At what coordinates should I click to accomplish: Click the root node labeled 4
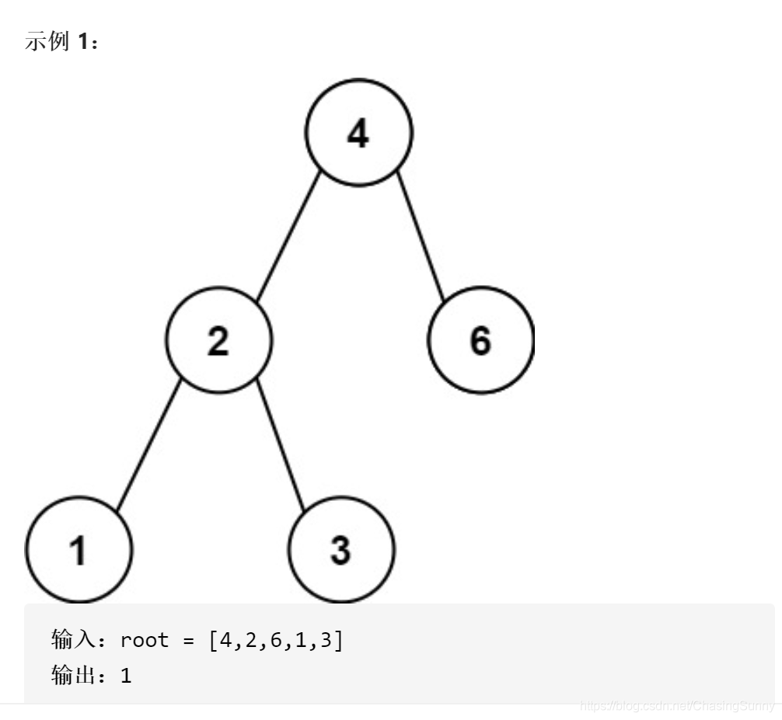tap(358, 133)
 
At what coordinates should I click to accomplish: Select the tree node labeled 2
tap(218, 340)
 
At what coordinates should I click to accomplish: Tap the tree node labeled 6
tap(480, 340)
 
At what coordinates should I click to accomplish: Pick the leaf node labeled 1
tap(79, 550)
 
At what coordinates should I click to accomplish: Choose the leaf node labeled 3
tap(341, 550)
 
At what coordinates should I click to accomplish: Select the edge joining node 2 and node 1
tap(148, 445)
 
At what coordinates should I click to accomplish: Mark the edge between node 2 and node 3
tap(280, 444)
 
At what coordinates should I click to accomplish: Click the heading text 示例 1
tap(61, 41)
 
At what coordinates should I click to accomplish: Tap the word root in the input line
tap(145, 641)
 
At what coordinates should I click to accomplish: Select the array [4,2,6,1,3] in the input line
tap(275, 641)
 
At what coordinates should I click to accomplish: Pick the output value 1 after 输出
tap(126, 676)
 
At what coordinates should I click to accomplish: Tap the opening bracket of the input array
tap(213, 641)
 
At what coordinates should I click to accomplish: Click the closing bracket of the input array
tap(337, 641)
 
